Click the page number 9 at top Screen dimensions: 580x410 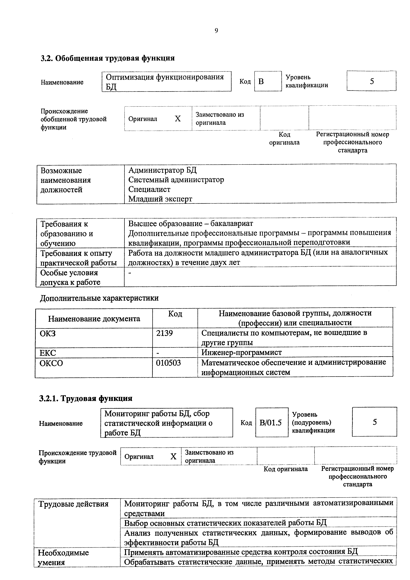[x=216, y=31]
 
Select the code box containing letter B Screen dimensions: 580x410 [x=268, y=81]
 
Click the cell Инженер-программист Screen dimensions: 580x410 [x=241, y=352]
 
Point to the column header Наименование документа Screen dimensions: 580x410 [x=94, y=319]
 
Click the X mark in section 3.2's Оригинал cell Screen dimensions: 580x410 [x=178, y=119]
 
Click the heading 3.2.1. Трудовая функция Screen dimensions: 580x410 [x=86, y=398]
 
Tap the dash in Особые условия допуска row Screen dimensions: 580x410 [x=130, y=273]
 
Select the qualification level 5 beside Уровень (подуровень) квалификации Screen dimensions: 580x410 [x=375, y=422]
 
